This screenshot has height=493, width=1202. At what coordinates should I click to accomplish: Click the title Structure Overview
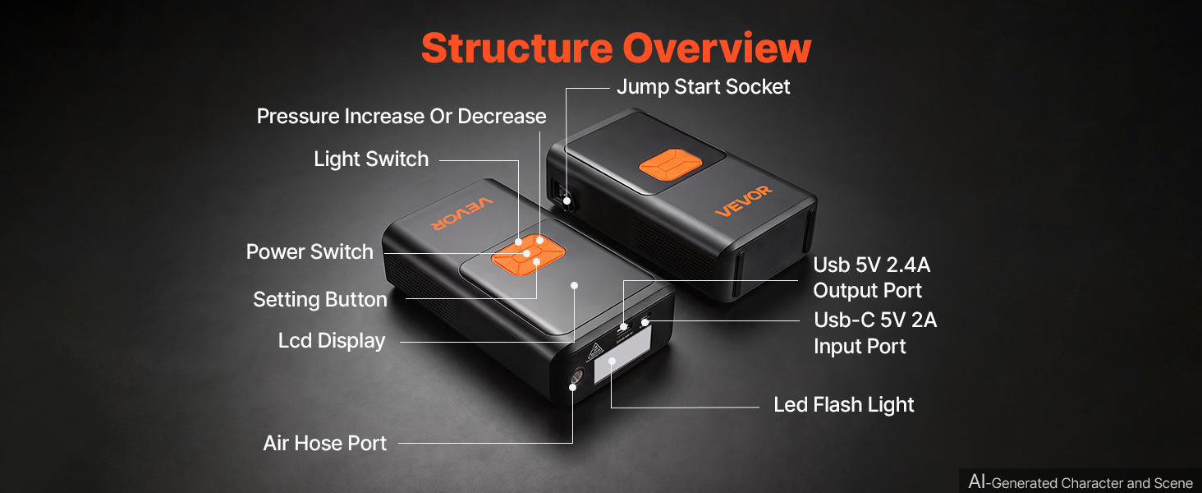(x=616, y=48)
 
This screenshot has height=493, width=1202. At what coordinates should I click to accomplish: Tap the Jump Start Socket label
(x=703, y=87)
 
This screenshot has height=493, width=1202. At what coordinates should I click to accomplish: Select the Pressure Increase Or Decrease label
(x=401, y=116)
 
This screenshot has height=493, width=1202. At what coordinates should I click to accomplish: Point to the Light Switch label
(x=371, y=159)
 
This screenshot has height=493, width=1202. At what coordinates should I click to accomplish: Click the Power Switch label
(x=310, y=252)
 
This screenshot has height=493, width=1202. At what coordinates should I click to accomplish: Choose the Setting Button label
(x=320, y=300)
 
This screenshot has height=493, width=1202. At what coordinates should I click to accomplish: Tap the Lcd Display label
(x=332, y=341)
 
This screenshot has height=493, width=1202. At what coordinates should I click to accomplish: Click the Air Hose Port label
(x=324, y=443)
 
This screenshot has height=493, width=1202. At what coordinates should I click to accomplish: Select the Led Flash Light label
(x=843, y=405)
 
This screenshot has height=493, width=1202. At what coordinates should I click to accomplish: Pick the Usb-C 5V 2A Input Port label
(x=875, y=333)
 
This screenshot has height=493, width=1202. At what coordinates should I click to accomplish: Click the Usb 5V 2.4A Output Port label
(x=871, y=278)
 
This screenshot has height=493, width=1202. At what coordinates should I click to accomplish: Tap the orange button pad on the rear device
(x=670, y=164)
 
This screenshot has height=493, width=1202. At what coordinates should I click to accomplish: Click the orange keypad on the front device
(x=528, y=255)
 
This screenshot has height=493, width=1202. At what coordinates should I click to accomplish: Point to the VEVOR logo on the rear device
(x=744, y=200)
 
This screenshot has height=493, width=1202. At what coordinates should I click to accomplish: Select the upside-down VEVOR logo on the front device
(x=461, y=213)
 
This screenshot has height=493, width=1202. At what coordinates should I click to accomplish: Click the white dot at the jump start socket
(x=567, y=201)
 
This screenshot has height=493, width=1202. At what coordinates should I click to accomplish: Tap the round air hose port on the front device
(x=577, y=376)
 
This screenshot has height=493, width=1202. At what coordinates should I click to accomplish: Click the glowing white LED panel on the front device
(x=622, y=354)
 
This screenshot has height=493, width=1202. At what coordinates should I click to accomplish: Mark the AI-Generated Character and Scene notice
(x=1080, y=482)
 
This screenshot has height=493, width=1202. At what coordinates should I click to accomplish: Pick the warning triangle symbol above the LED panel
(x=595, y=352)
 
